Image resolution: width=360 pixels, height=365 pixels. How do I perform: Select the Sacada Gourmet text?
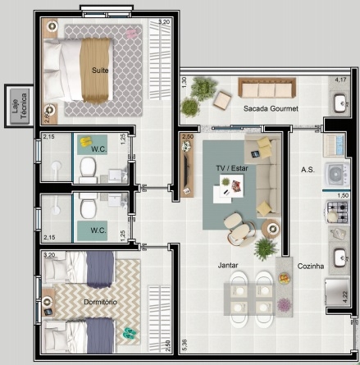271,108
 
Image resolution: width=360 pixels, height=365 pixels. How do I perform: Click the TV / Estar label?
231,168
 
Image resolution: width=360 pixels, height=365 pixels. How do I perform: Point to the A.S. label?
308,170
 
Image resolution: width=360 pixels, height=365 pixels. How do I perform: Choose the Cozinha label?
312,266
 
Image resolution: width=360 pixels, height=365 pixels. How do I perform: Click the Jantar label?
228,265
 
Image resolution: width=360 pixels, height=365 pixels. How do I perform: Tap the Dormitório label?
99,303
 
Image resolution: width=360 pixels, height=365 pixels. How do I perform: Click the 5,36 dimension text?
185,344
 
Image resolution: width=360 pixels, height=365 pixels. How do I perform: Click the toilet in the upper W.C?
89,169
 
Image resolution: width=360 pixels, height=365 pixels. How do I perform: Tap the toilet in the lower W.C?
89,206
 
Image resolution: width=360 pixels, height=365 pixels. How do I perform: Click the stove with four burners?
338,210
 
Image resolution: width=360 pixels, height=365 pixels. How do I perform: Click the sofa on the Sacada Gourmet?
261,87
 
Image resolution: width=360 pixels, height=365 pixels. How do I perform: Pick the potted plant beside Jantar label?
266,248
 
